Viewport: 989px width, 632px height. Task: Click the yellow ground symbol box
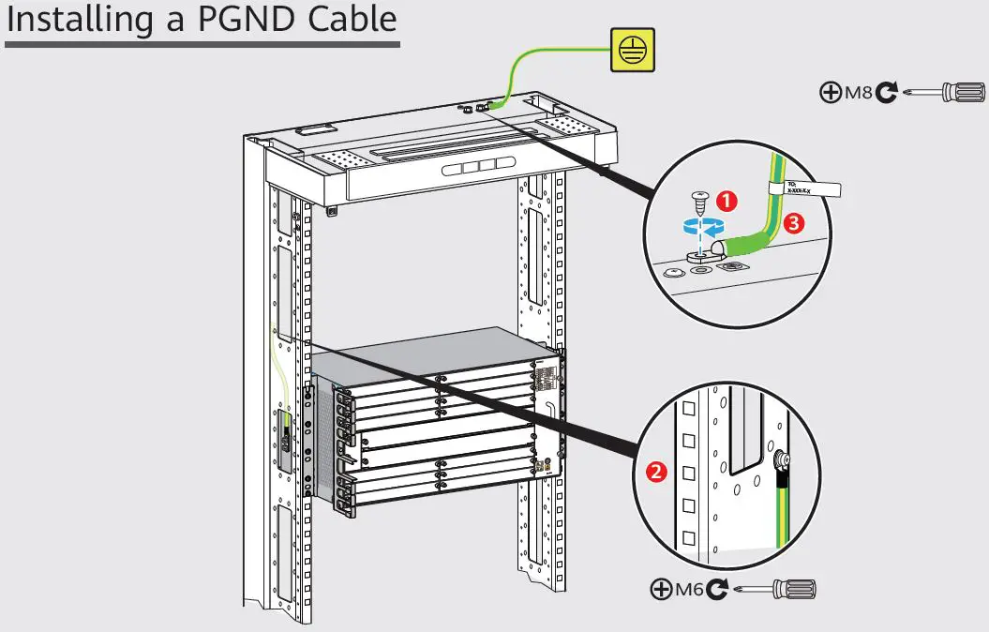click(633, 50)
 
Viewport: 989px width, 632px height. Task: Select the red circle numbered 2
click(657, 472)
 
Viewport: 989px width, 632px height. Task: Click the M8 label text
click(858, 92)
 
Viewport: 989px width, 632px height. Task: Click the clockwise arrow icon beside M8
click(887, 92)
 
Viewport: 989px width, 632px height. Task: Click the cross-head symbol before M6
click(661, 590)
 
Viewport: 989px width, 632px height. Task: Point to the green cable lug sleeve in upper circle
click(745, 244)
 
